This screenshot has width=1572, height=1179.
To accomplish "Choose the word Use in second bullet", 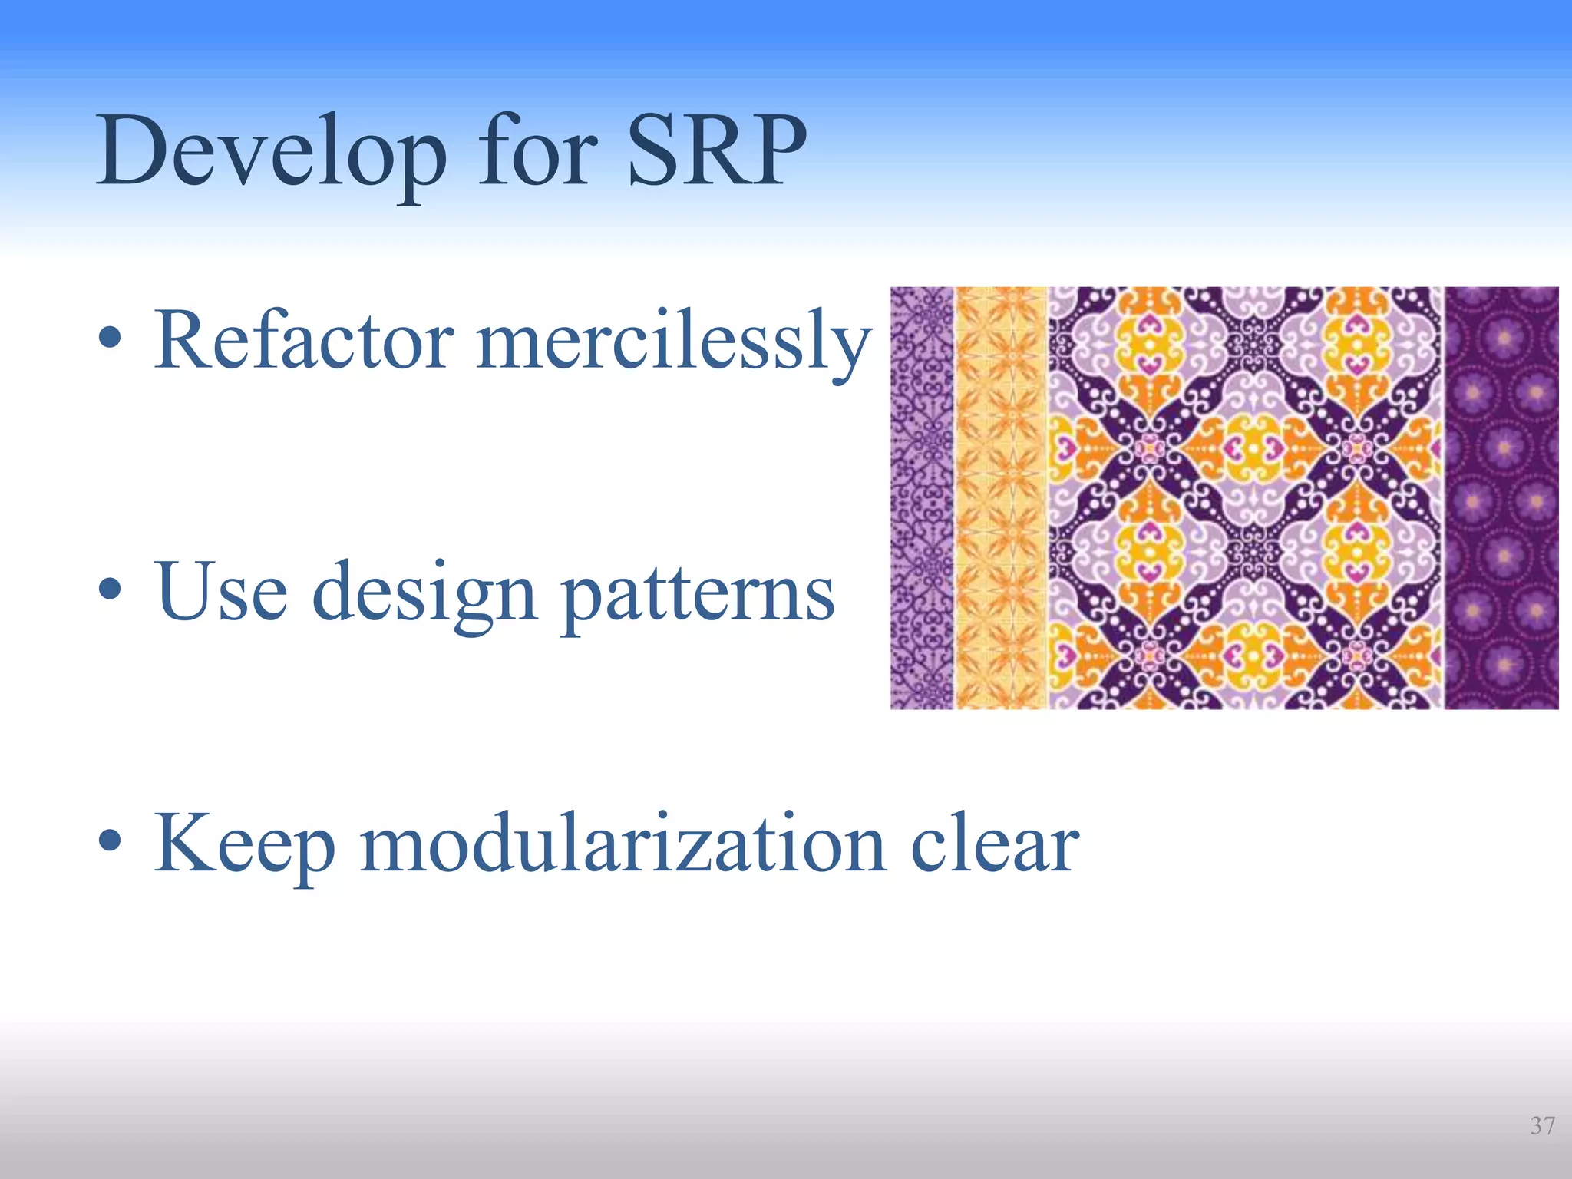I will tap(221, 592).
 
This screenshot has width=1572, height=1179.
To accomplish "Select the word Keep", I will tap(246, 845).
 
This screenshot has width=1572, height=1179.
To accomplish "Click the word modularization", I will tap(623, 844).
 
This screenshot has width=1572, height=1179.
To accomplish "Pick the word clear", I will tap(995, 845).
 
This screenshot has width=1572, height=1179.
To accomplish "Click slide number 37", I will tap(1542, 1125).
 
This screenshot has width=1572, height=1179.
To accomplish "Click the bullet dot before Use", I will tap(110, 589).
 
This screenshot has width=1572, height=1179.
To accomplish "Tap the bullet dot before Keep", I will tap(110, 841).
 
